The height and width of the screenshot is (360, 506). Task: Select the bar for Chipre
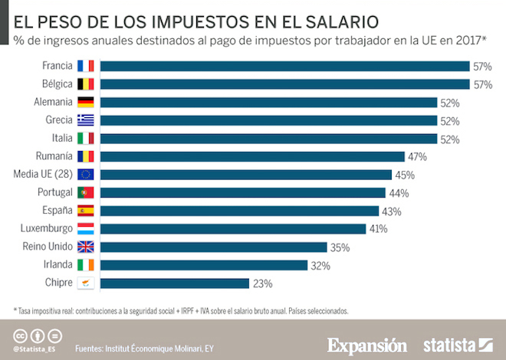175,283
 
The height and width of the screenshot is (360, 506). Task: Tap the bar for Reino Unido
214,247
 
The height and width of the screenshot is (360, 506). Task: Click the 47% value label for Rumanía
417,156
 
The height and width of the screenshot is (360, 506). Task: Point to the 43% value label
391,211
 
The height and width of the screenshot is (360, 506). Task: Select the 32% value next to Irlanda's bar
320,265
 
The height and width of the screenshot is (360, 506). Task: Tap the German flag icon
85,103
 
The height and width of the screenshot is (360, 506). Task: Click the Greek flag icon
85,120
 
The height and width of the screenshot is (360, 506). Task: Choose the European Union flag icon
85,175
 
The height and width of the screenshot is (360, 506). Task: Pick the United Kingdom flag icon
85,247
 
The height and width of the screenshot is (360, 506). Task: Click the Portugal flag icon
85,193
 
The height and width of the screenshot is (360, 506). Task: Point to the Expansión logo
367,345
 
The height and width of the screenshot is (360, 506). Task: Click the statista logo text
449,345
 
